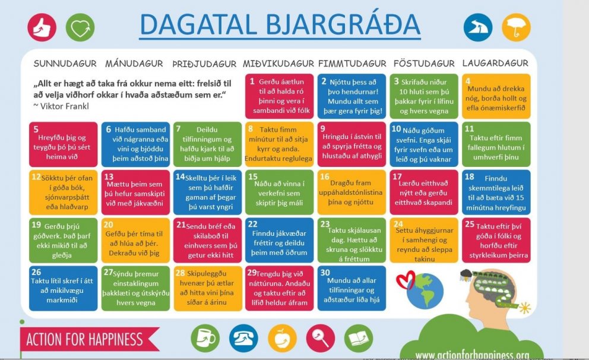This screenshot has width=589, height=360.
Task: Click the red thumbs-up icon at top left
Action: coord(42,27)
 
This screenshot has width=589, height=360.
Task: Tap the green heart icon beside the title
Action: coord(80,27)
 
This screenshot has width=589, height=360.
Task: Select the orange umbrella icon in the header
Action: coord(516,27)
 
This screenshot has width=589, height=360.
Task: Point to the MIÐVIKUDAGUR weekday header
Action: coord(278,64)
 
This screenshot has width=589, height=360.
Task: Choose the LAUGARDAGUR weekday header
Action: coord(495,64)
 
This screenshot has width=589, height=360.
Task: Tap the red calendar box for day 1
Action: coord(278,96)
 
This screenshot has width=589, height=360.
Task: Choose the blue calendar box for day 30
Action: coord(351,288)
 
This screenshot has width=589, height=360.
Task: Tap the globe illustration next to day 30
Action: coord(426,290)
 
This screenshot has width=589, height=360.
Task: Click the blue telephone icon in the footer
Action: coord(243,338)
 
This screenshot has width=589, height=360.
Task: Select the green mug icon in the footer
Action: coord(205,338)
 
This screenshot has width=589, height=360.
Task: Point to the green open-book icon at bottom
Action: coord(359,338)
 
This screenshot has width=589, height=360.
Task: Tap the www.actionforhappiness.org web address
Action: coord(472,355)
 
